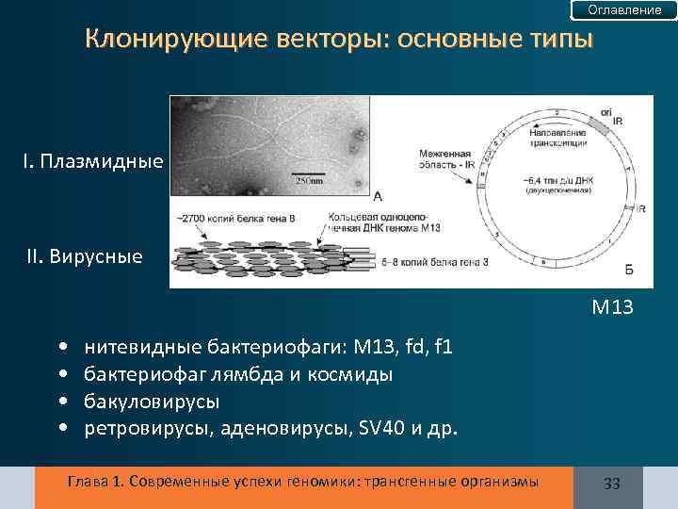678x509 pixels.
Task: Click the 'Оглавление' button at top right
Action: pos(624,10)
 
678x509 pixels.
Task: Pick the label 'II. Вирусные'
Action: pos(85,256)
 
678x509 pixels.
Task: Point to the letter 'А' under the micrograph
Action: pos(378,197)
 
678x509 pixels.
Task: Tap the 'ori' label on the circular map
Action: pos(605,112)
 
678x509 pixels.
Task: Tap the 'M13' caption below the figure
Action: pos(611,306)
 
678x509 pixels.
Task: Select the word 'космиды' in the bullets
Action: pos(363,375)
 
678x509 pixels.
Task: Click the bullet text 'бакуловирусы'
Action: pos(152,402)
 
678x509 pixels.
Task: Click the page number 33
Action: pos(611,483)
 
